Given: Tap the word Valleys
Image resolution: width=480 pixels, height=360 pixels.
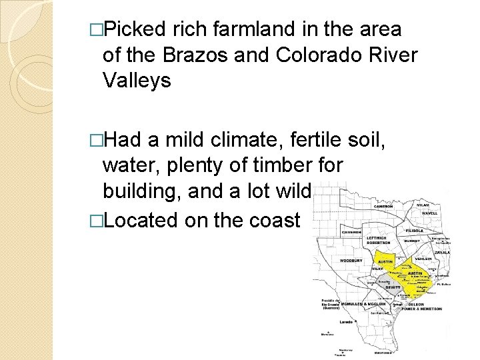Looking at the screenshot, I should (x=137, y=81).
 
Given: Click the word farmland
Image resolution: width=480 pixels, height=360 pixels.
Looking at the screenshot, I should (x=245, y=30).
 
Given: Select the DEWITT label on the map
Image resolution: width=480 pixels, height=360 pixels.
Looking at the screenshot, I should (x=393, y=287).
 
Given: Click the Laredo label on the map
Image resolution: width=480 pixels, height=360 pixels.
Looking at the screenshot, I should (x=345, y=321).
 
